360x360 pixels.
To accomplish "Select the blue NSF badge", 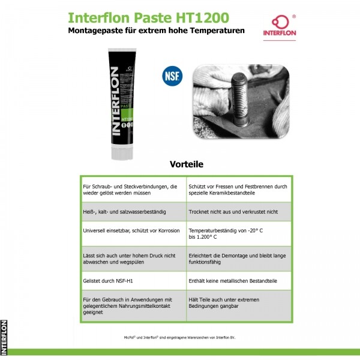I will [x=172, y=77].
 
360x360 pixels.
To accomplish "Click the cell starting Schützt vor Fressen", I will [x=238, y=190].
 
